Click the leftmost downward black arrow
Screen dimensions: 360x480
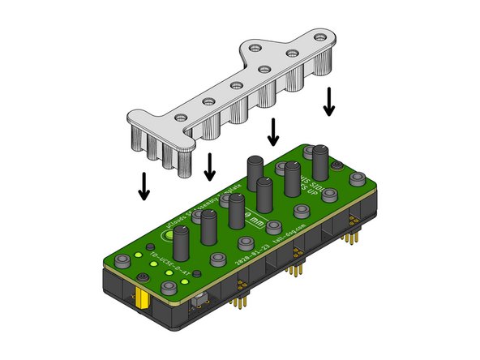[144, 186]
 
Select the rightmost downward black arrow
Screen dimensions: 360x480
[329, 101]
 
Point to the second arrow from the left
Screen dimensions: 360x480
[210, 167]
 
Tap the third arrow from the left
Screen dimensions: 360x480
[273, 131]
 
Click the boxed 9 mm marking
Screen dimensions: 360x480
[255, 221]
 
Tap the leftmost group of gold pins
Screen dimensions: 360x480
[240, 301]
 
